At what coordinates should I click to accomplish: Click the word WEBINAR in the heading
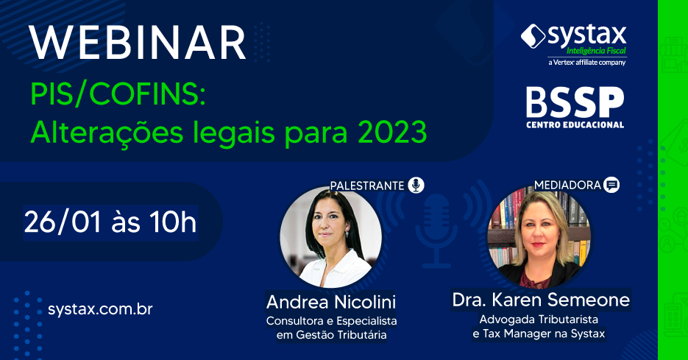tap(138, 43)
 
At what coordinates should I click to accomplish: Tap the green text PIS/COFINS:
tap(118, 94)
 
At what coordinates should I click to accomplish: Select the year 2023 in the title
tap(392, 132)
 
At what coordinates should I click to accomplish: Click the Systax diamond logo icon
tap(533, 36)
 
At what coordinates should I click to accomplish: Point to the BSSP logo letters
tap(575, 102)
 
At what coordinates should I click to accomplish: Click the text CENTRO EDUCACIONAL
tap(575, 125)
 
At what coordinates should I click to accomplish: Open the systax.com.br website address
tap(100, 309)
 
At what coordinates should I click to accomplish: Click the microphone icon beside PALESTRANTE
tap(416, 186)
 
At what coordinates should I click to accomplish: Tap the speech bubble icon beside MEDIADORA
tap(611, 185)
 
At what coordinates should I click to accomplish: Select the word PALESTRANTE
tap(367, 186)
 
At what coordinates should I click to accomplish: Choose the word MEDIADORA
tap(567, 186)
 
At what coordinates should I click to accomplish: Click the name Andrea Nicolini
tap(331, 302)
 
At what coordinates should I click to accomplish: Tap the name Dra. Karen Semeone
tap(541, 300)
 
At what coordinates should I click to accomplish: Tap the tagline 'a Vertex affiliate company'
tap(587, 63)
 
